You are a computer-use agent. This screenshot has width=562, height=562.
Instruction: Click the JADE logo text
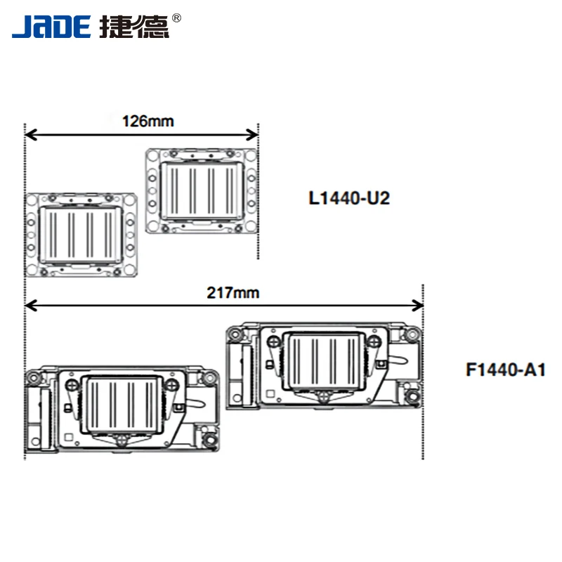pyautogui.click(x=51, y=26)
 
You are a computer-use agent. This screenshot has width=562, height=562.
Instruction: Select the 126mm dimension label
pyautogui.click(x=148, y=121)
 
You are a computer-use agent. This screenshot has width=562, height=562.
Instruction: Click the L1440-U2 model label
pyautogui.click(x=349, y=198)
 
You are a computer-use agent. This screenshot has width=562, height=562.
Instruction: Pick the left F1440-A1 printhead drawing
pyautogui.click(x=124, y=407)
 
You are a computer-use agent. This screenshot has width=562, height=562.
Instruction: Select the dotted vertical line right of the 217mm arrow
pyautogui.click(x=422, y=379)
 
